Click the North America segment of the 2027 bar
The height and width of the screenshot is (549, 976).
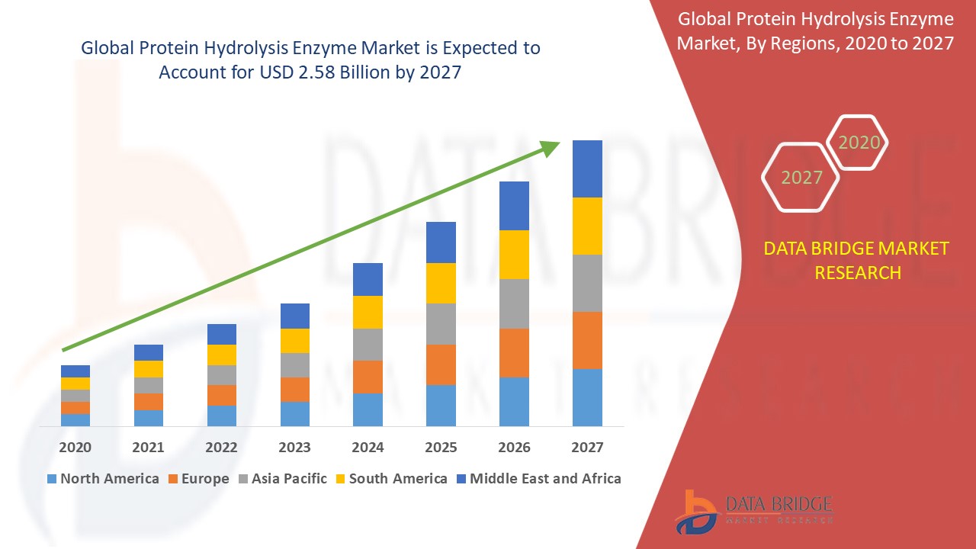pyautogui.click(x=587, y=397)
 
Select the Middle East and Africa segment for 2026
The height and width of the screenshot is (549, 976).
pyautogui.click(x=514, y=206)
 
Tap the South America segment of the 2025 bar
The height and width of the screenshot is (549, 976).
pyautogui.click(x=441, y=283)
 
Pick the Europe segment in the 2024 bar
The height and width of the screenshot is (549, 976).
pyautogui.click(x=368, y=377)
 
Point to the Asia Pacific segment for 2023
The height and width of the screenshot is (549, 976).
pyautogui.click(x=295, y=364)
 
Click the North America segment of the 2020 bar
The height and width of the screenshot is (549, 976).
pyautogui.click(x=75, y=419)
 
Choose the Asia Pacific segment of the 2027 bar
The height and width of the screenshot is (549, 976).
pyautogui.click(x=587, y=283)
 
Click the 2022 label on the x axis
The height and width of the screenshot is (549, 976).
pyautogui.click(x=222, y=448)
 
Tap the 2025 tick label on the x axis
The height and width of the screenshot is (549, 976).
pyautogui.click(x=441, y=448)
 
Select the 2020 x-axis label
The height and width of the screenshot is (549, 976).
pyautogui.click(x=75, y=448)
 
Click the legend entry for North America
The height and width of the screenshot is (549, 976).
pyautogui.click(x=103, y=479)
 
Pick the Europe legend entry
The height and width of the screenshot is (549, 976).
pyautogui.click(x=197, y=479)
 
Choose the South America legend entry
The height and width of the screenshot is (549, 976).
pyautogui.click(x=390, y=479)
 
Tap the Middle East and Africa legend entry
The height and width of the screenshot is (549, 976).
pyautogui.click(x=538, y=479)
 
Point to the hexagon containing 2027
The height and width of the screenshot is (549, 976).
pyautogui.click(x=801, y=178)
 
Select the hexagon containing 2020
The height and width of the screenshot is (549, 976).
pyautogui.click(x=859, y=143)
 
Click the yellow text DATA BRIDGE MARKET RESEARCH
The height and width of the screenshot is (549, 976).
pyautogui.click(x=857, y=260)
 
